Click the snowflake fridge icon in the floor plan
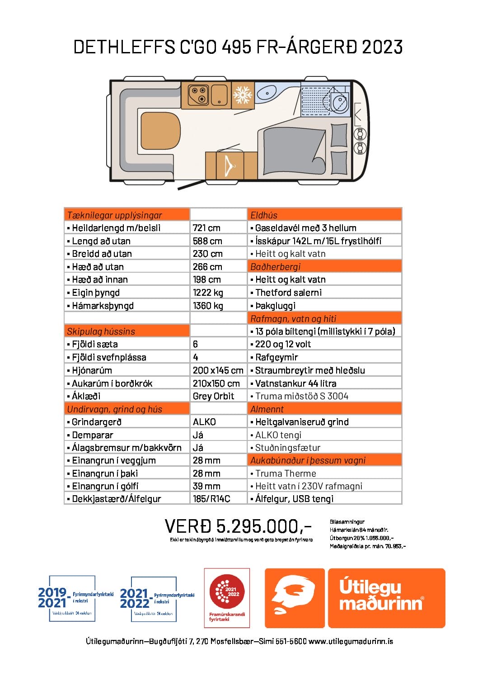pyautogui.click(x=243, y=95)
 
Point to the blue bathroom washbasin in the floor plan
pyautogui.click(x=266, y=94)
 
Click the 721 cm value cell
pyautogui.click(x=206, y=228)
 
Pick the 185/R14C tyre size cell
pyautogui.click(x=211, y=499)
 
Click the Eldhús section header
pyautogui.click(x=264, y=215)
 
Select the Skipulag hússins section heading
pyautogui.click(x=101, y=331)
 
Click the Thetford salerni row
pyautogui.click(x=288, y=293)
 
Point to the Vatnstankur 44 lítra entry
pyautogui.click(x=295, y=383)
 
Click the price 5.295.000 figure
pyautogui.click(x=238, y=526)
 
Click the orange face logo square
pyautogui.click(x=295, y=598)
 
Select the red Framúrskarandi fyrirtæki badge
pyautogui.click(x=227, y=598)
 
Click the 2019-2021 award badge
pyautogui.click(x=72, y=598)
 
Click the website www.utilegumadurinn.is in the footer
pyautogui.click(x=351, y=641)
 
